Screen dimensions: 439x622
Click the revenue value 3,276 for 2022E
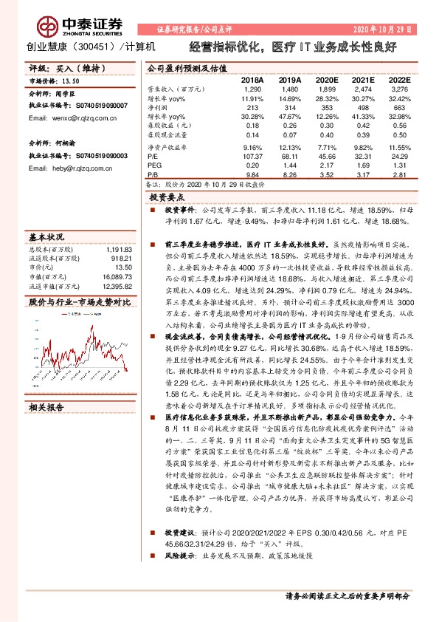(x=398, y=89)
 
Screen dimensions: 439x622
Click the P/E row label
(x=153, y=157)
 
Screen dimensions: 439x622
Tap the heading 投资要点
(x=167, y=198)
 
